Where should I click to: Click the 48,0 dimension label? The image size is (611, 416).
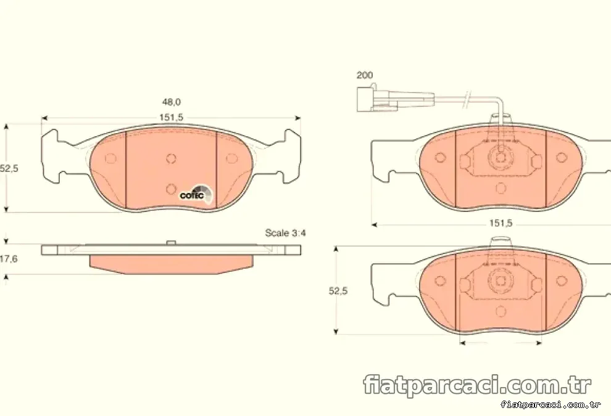(x=172, y=102)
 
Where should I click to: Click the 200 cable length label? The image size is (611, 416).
(x=364, y=75)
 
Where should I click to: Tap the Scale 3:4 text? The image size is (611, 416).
(x=285, y=233)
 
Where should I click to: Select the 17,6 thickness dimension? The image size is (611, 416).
(x=9, y=259)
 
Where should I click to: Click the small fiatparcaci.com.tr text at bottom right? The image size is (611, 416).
(x=551, y=405)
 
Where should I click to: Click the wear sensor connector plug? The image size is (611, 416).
(x=394, y=99)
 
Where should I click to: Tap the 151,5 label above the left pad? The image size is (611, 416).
(x=171, y=118)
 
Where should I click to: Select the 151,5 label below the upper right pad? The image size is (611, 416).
(x=501, y=223)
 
